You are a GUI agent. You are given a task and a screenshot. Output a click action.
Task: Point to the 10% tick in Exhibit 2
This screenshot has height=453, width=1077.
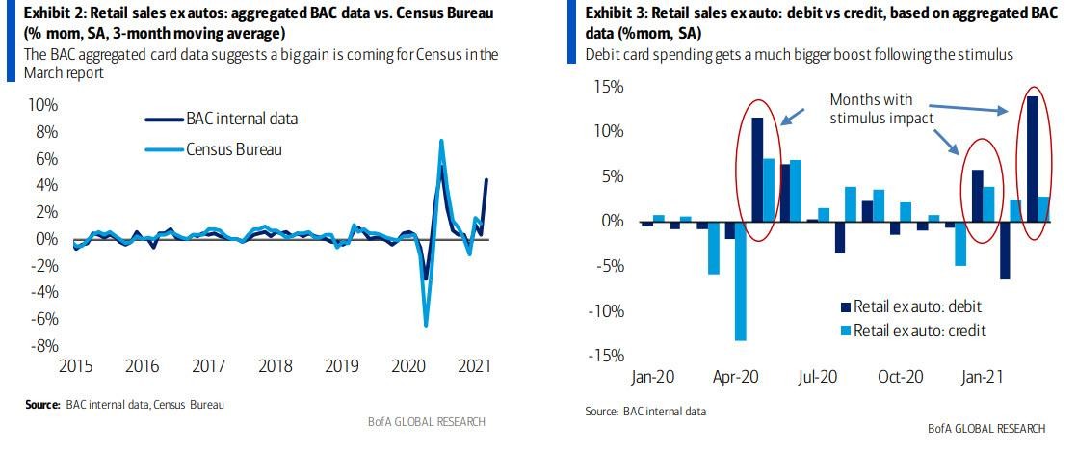(44, 105)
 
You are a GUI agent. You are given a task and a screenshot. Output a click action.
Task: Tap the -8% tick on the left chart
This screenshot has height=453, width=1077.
(45, 346)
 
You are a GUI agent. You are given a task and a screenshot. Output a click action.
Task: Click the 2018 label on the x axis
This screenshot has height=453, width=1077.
(277, 367)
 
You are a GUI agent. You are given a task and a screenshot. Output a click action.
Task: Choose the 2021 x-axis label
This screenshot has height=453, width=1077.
(477, 367)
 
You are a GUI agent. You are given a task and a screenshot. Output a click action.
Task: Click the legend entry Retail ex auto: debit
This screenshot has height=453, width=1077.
(924, 306)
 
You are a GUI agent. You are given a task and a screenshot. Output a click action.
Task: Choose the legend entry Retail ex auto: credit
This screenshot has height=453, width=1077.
(924, 331)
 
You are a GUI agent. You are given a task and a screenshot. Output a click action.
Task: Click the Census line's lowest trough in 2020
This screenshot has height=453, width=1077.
(426, 325)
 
